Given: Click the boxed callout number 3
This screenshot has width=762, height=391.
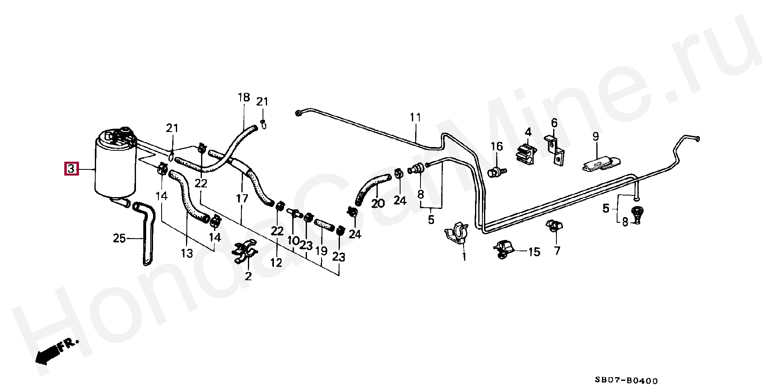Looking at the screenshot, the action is [x=71, y=168].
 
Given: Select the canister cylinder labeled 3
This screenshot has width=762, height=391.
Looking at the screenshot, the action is [x=115, y=171].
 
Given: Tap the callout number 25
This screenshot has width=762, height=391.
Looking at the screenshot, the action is [x=119, y=238].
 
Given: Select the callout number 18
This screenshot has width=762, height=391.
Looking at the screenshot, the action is [x=243, y=98].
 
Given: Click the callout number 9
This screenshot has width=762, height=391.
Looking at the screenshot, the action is [x=596, y=136].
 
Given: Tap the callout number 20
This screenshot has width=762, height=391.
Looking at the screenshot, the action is [x=378, y=203].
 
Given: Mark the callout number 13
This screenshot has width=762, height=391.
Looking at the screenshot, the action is [x=187, y=254].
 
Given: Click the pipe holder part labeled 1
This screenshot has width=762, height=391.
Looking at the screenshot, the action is [x=457, y=234].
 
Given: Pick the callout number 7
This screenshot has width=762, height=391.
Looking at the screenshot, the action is [x=556, y=251].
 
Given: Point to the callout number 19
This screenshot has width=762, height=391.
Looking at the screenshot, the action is [x=322, y=251].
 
